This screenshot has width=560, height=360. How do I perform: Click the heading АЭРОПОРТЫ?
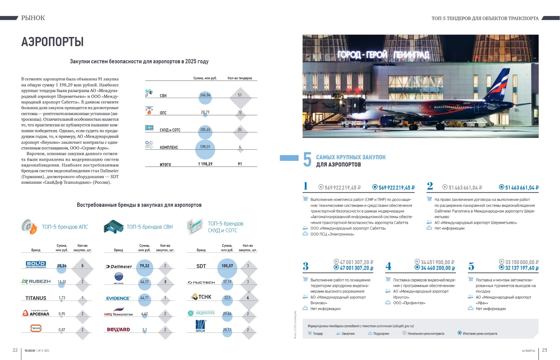pos(52,42)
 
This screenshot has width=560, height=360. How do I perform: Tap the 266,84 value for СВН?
pos(205,95)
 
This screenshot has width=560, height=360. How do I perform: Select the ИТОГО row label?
pos(165,164)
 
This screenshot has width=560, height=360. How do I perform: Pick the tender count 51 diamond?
pos(240,95)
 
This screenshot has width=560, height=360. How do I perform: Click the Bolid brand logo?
pos(36,265)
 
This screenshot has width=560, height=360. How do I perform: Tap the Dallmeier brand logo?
pos(119,266)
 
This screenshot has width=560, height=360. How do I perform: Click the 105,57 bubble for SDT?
pos(227,266)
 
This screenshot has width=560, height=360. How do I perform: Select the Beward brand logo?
pos(118,330)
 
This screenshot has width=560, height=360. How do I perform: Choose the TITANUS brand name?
pos(36,298)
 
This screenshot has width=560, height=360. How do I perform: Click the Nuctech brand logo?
pos(201,282)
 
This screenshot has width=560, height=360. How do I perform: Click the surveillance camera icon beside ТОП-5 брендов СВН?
pos(113,227)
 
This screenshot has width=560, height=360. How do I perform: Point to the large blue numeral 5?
pos(307,160)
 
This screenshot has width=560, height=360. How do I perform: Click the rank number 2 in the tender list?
pos(430,186)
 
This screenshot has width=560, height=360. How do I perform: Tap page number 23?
pos(544,350)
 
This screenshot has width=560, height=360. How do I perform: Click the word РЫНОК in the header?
pos(33,18)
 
